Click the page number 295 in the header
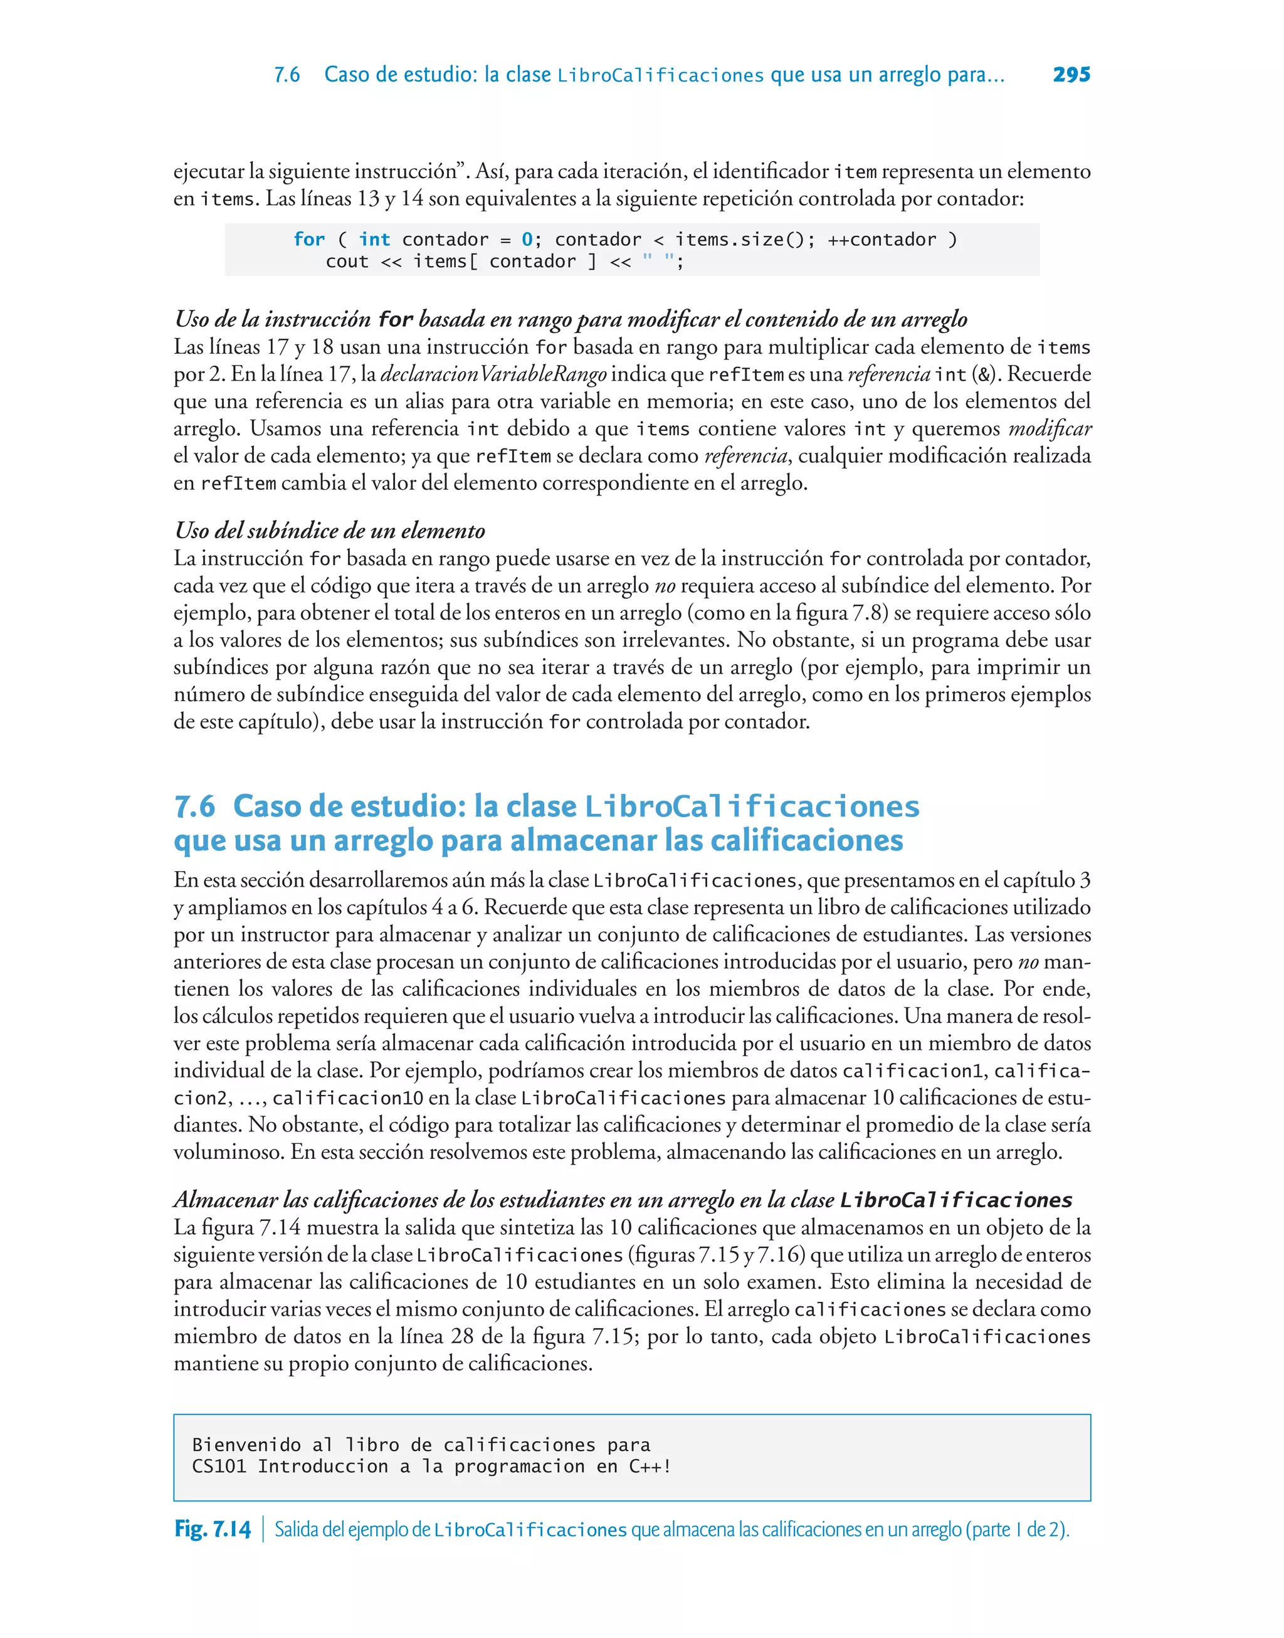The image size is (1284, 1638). point(1071,75)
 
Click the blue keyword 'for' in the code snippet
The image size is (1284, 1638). point(309,240)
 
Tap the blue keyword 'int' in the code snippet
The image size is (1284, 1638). point(374,240)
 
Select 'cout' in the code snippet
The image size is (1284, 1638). point(347,262)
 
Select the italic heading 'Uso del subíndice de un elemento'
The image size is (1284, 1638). point(329,531)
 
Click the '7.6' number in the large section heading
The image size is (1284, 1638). point(195,806)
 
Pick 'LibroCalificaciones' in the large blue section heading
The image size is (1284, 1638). point(752,806)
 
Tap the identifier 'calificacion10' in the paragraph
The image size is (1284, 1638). point(347,1098)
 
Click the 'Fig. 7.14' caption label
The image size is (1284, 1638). point(212,1529)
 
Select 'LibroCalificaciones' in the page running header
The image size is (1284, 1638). point(660,75)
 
